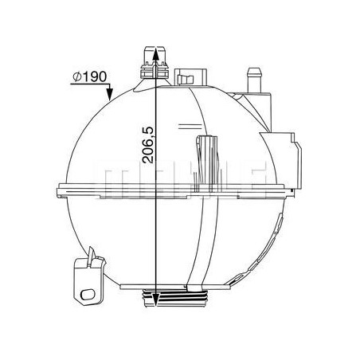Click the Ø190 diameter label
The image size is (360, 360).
tap(90, 76)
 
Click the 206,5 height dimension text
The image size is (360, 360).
tap(148, 145)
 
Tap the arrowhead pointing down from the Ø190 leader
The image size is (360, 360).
tap(109, 95)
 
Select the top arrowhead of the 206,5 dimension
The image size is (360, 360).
tap(155, 53)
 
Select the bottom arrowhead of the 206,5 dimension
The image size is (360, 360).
tap(155, 300)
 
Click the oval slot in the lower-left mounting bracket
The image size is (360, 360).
tap(88, 294)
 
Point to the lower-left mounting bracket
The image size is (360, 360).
tap(88, 282)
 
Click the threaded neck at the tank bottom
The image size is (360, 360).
tap(175, 298)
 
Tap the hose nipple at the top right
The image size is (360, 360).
tap(255, 80)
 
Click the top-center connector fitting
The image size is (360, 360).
tap(155, 63)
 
